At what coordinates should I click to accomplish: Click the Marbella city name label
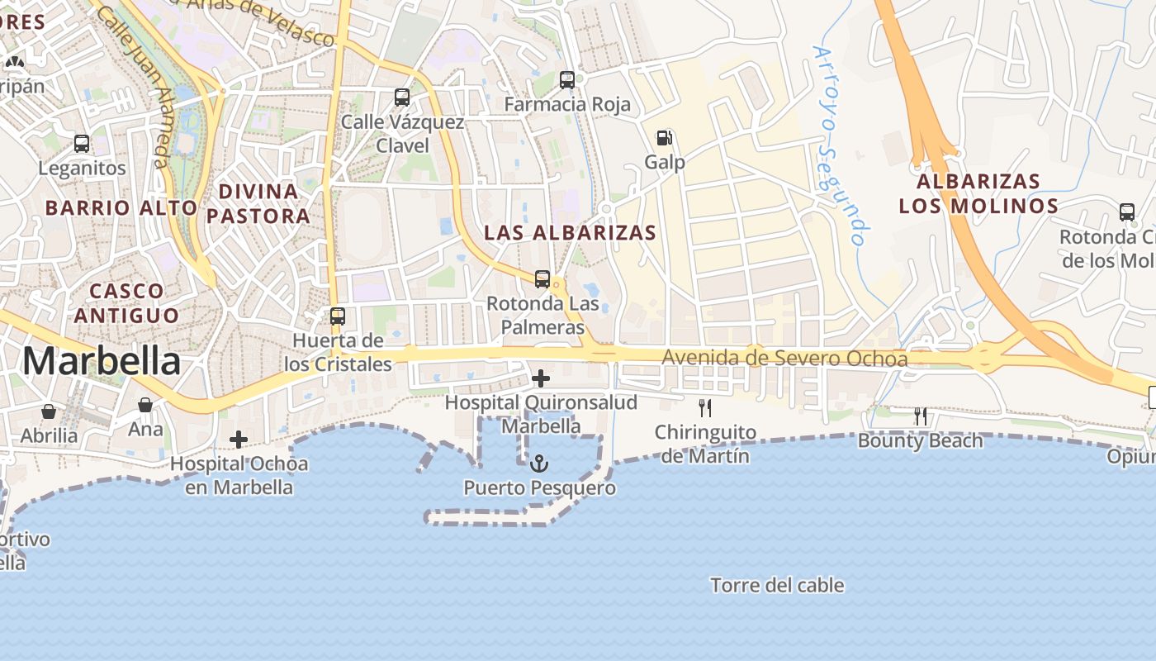click(x=102, y=361)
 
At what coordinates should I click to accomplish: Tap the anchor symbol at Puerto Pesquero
click(x=539, y=464)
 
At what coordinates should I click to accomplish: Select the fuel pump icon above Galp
click(x=664, y=138)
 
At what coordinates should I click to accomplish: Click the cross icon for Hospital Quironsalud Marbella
click(x=541, y=379)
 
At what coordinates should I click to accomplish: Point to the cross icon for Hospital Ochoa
click(x=239, y=440)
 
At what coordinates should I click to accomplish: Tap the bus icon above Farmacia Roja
click(x=566, y=80)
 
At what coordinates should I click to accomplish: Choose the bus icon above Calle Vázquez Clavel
click(x=402, y=97)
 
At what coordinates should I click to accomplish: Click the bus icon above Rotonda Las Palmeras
click(x=542, y=279)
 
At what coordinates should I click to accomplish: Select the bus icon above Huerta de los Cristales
click(x=338, y=316)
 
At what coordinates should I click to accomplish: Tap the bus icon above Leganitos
click(x=82, y=144)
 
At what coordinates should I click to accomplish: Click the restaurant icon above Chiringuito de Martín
click(x=705, y=407)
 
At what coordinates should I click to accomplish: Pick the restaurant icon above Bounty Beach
click(x=921, y=416)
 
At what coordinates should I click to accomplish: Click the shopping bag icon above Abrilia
click(x=49, y=411)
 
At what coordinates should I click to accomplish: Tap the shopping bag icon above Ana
click(x=145, y=405)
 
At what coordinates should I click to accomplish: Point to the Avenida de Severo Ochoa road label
click(x=784, y=359)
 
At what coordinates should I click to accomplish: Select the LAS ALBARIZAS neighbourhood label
click(x=570, y=233)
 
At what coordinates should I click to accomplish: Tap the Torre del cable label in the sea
click(x=777, y=586)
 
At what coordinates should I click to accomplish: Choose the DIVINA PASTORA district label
click(x=258, y=204)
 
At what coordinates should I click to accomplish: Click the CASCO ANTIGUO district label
click(x=126, y=303)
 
